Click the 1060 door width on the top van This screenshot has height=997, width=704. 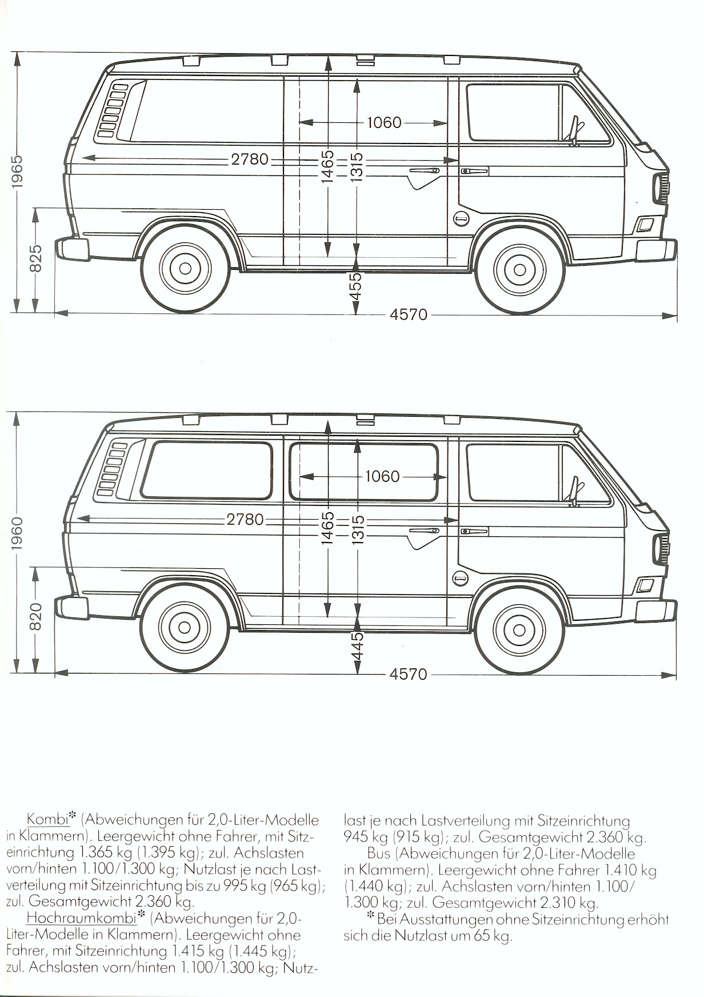click(x=384, y=122)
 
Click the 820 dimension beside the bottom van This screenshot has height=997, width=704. click(x=35, y=617)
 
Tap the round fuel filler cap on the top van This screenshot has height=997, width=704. click(x=461, y=219)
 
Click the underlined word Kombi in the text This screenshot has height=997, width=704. click(x=47, y=819)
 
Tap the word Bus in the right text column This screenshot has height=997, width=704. click(x=379, y=854)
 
